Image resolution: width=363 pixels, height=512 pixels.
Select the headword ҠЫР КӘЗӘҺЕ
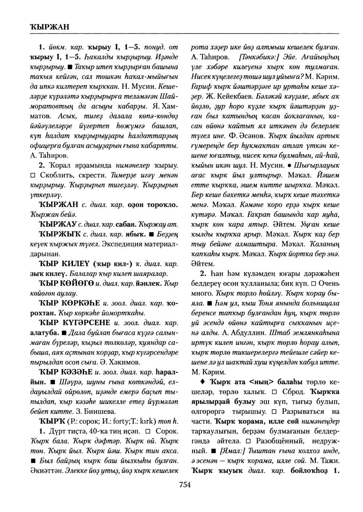pyautogui.click(x=66, y=372)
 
